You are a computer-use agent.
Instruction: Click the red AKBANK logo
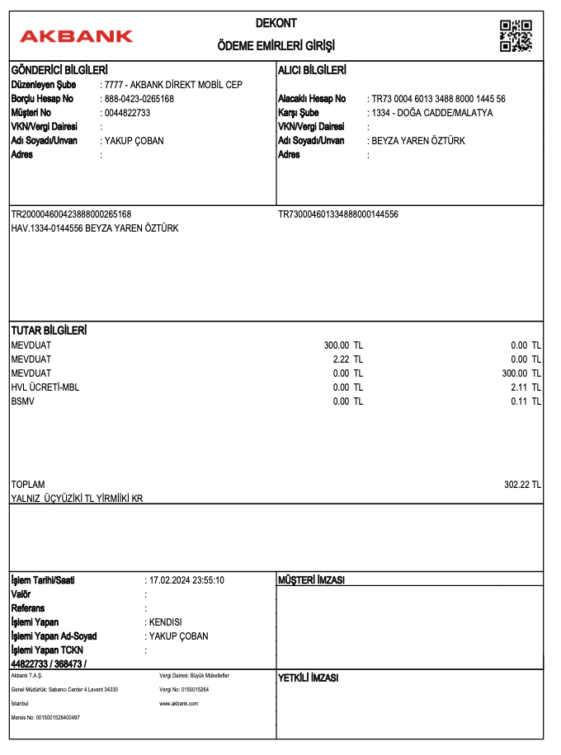tap(76, 36)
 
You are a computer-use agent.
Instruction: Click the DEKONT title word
tap(276, 23)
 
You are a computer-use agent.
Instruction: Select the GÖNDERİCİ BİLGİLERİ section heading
tap(59, 70)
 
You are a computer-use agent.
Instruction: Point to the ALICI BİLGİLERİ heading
tap(312, 70)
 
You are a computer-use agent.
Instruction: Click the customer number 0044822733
tap(128, 113)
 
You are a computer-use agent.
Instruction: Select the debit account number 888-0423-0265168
tap(139, 99)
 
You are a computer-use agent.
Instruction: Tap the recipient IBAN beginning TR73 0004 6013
tap(438, 99)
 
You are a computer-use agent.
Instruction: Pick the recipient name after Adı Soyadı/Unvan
tap(418, 141)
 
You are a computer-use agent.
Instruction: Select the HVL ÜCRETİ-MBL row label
tap(45, 387)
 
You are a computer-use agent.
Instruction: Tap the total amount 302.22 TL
tap(522, 485)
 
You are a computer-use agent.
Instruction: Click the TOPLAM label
tap(28, 485)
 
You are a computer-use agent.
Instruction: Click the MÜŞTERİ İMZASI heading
tap(311, 580)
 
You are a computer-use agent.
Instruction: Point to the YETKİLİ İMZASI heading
tap(309, 678)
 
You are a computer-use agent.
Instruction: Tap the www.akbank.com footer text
tap(179, 703)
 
